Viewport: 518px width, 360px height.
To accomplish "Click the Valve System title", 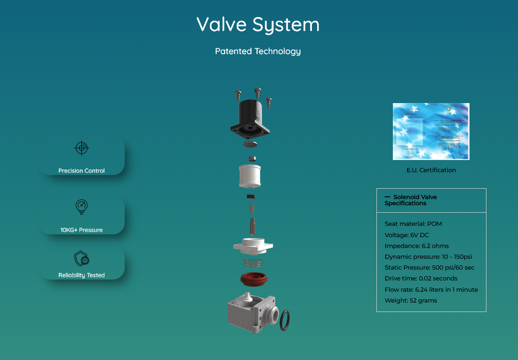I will click(x=258, y=25).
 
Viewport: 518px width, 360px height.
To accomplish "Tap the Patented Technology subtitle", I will click(x=258, y=51).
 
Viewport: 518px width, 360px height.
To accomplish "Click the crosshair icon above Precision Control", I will click(x=81, y=148).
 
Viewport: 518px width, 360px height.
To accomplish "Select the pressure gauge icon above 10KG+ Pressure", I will click(x=81, y=207).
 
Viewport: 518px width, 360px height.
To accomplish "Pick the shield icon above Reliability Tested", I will click(x=81, y=258).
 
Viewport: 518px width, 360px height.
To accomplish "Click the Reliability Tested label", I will click(x=81, y=275).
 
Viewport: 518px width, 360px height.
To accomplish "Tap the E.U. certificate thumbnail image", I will click(x=431, y=131).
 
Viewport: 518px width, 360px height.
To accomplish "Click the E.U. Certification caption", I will click(x=431, y=170).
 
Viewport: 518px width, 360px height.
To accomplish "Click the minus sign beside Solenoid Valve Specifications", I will click(x=387, y=197).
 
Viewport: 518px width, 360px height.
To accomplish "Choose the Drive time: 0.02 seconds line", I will click(x=421, y=279).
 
